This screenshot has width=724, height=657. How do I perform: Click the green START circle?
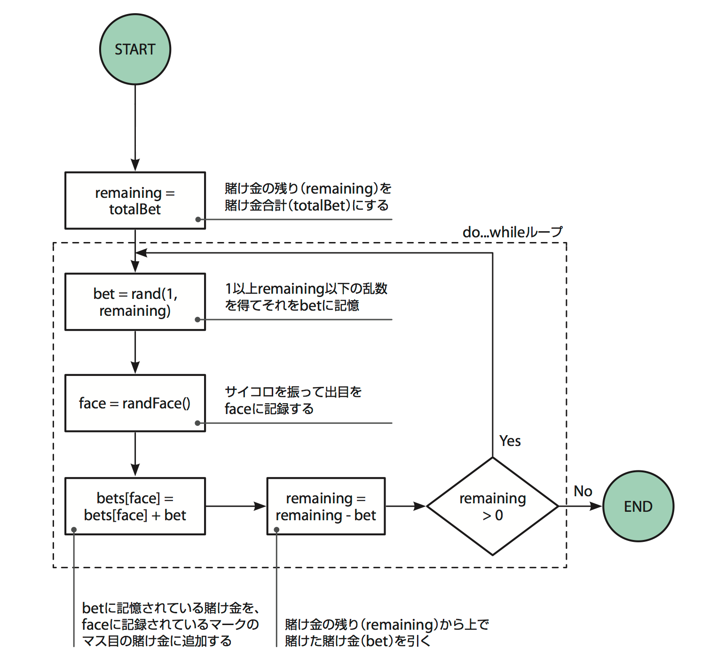click(135, 49)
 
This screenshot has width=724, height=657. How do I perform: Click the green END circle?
click(638, 506)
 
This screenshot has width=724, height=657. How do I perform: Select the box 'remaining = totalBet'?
click(135, 201)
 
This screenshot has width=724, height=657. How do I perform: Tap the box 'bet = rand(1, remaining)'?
click(135, 302)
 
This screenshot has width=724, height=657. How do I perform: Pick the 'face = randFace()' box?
click(135, 403)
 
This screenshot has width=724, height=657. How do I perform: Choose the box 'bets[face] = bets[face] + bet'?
click(135, 506)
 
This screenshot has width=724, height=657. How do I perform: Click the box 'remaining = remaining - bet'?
click(326, 506)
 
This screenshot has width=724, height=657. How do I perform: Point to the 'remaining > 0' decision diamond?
click(492, 506)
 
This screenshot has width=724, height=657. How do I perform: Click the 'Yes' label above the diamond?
click(510, 441)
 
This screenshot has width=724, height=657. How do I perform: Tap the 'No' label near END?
click(582, 491)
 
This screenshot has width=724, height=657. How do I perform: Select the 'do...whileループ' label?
click(512, 232)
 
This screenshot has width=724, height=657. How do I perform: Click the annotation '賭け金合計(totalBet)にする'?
click(307, 205)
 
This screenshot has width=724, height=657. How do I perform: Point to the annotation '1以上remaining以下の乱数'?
click(306, 289)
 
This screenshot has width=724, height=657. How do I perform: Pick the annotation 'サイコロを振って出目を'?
click(293, 392)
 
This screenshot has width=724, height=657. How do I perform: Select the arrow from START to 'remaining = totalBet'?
click(135, 127)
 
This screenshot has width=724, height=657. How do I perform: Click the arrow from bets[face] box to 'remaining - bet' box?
click(235, 506)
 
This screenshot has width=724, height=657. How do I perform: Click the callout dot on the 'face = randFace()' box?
click(198, 423)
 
